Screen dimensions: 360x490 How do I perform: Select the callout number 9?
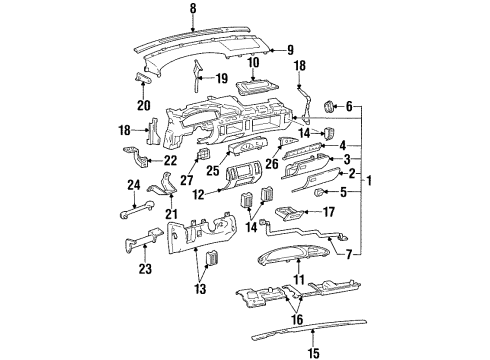coord(289,50)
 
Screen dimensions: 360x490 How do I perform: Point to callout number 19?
coord(221,77)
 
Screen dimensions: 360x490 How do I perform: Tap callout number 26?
coord(272,164)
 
